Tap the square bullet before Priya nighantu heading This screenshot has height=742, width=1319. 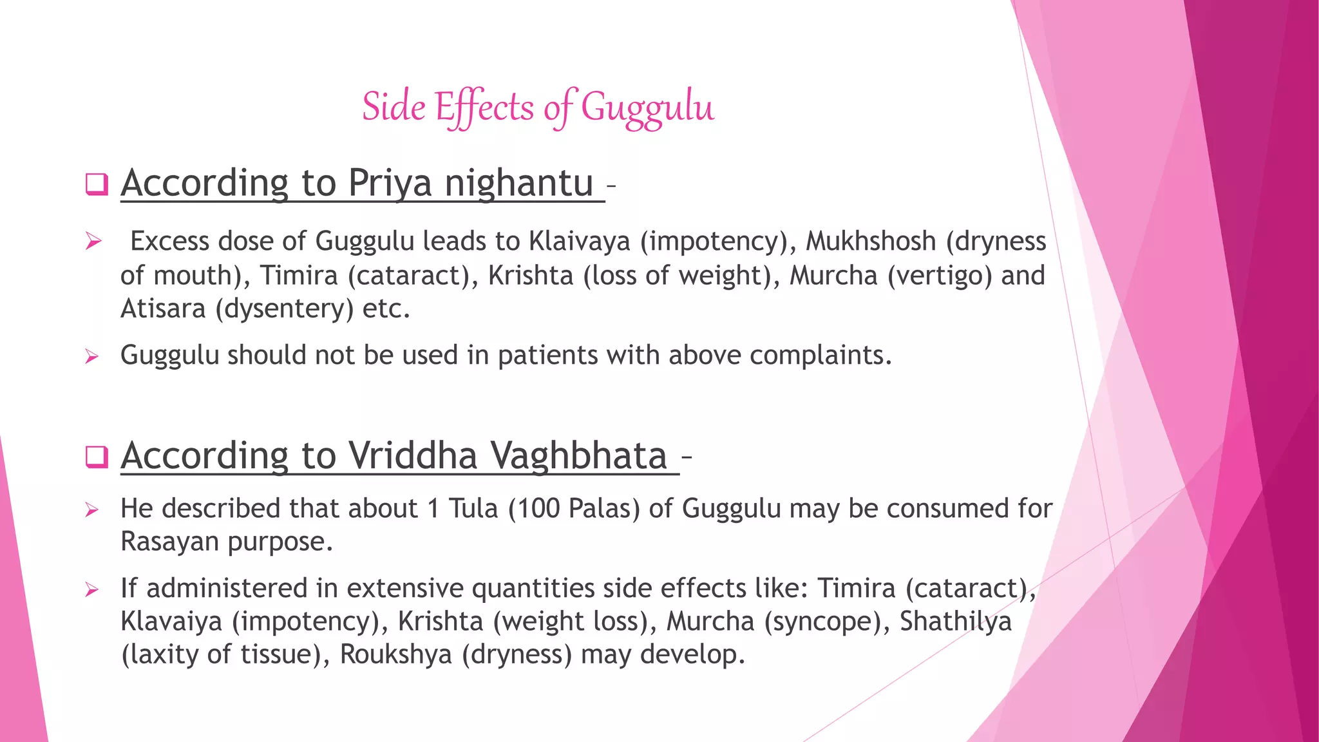pyautogui.click(x=96, y=184)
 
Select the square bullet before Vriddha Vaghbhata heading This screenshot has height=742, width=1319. pyautogui.click(x=96, y=457)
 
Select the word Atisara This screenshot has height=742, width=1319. pyautogui.click(x=163, y=309)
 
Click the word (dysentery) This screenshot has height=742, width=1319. pyautogui.click(x=285, y=309)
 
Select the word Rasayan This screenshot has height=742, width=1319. pyautogui.click(x=170, y=542)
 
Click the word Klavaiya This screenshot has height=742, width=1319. pyautogui.click(x=171, y=622)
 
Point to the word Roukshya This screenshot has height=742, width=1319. pyautogui.click(x=396, y=654)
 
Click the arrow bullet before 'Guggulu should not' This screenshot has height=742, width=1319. pyautogui.click(x=92, y=356)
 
